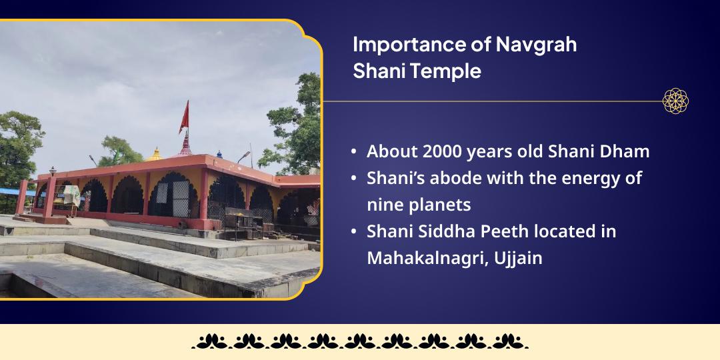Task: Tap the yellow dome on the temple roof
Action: pyautogui.click(x=155, y=155)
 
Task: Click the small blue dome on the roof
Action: pyautogui.click(x=219, y=154)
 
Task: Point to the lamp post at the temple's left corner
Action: pyautogui.click(x=53, y=171)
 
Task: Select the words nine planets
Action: pyautogui.click(x=419, y=205)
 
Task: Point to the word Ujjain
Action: pyautogui.click(x=518, y=258)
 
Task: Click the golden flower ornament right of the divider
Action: pyautogui.click(x=675, y=101)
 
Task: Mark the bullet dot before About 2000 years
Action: pyautogui.click(x=353, y=152)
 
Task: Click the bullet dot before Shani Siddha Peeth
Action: pyautogui.click(x=353, y=232)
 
